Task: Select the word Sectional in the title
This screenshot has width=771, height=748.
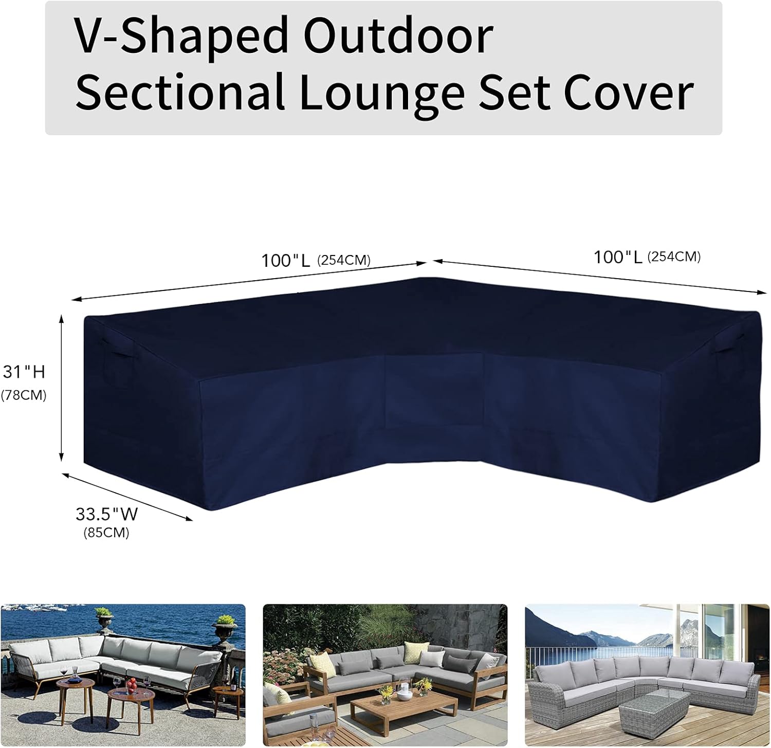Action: click(x=180, y=92)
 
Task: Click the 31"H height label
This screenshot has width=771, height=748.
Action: click(x=24, y=371)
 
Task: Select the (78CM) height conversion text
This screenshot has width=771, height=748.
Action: click(x=24, y=395)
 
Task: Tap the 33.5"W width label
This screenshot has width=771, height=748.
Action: click(x=106, y=514)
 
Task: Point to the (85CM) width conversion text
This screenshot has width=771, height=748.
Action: click(x=106, y=533)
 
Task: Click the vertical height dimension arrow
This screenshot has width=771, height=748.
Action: click(x=62, y=388)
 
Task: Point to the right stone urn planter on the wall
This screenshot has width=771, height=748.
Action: click(x=225, y=627)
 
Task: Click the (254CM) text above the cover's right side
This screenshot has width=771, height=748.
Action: click(x=674, y=257)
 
